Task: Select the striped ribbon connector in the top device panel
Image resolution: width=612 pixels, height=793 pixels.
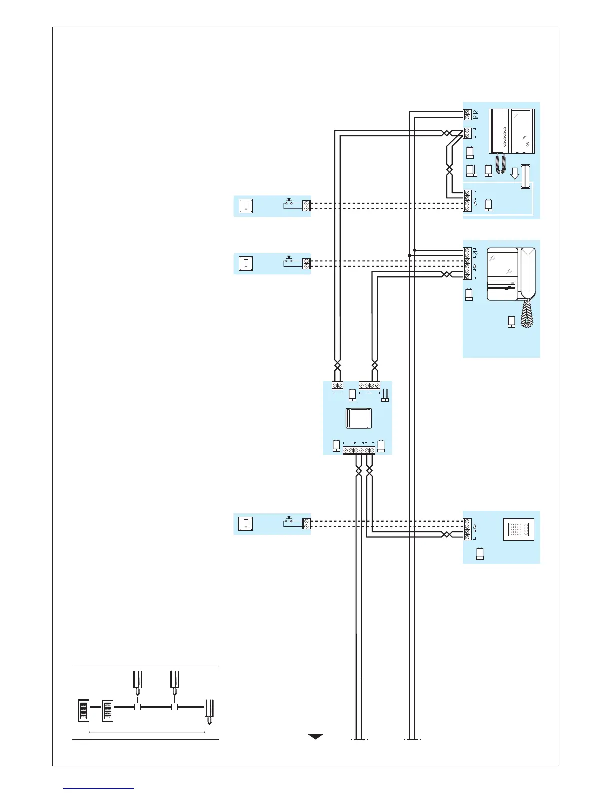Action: coord(525,176)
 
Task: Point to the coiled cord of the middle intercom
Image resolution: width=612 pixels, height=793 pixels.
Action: coord(526,314)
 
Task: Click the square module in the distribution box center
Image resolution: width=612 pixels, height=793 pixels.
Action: coord(358,418)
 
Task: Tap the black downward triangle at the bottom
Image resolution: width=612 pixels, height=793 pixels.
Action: coord(315,736)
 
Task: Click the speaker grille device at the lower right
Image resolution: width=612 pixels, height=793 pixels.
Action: coord(518,529)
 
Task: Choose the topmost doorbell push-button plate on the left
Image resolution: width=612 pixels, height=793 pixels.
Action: coord(246,206)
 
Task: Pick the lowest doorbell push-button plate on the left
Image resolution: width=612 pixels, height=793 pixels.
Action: coord(246,524)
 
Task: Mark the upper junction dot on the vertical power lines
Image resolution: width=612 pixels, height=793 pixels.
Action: coord(415,250)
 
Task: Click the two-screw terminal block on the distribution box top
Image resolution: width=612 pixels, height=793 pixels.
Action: coord(337,386)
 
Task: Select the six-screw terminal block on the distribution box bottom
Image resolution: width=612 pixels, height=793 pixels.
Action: coord(359,451)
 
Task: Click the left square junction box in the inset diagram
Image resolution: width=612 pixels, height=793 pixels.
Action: coord(138,707)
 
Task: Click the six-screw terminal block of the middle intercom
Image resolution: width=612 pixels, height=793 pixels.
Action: coord(467,263)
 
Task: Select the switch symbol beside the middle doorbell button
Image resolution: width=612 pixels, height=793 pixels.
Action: coord(289,261)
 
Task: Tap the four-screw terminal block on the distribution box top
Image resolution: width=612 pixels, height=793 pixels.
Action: coord(369,386)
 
